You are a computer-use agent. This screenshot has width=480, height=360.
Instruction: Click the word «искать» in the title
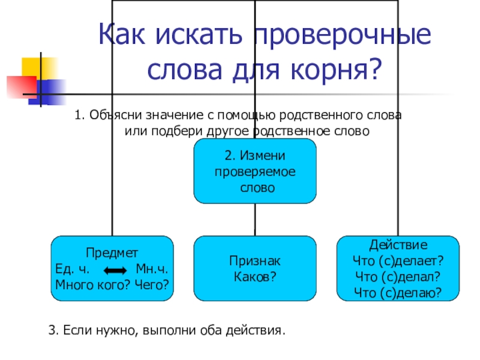coord(200,37)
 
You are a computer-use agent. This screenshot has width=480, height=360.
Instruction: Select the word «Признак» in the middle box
coord(255,261)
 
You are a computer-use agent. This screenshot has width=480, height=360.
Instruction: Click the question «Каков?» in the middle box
coord(254,277)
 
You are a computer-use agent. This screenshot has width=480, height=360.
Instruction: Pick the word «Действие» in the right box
coord(398,245)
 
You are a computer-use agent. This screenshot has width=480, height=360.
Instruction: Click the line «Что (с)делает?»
coord(398,261)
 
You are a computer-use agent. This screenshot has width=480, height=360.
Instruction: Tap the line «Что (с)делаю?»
coord(398,293)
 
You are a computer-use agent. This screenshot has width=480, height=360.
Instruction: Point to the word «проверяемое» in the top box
coord(255,172)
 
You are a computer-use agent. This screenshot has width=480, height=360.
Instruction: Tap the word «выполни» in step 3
coord(165,330)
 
